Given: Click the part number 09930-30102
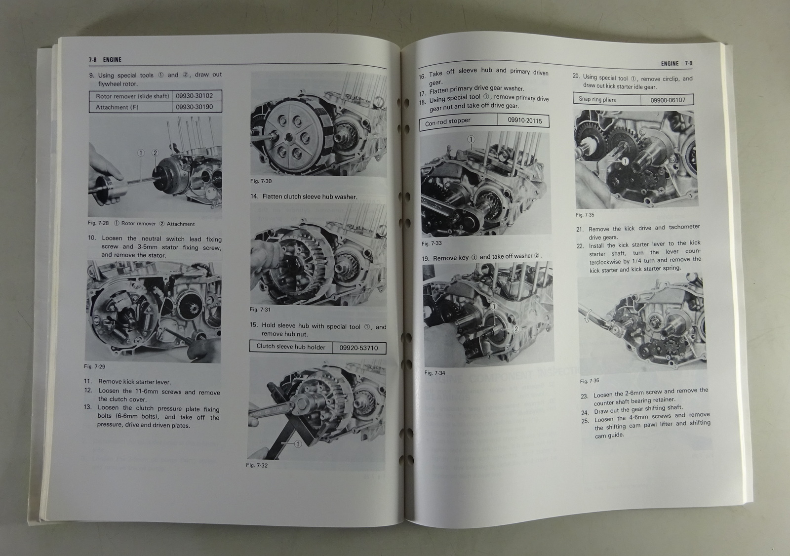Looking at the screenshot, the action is click(x=195, y=96).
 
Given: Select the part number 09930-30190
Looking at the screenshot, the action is click(x=195, y=107).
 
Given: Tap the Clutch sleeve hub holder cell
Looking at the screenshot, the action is click(x=291, y=347).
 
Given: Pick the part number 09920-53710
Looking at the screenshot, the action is click(x=358, y=348).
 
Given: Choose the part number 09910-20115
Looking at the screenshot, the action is click(x=525, y=120).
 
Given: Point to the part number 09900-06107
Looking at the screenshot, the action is click(x=668, y=100).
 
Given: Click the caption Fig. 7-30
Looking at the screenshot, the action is click(x=261, y=181).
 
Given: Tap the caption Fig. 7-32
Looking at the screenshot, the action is click(x=257, y=465).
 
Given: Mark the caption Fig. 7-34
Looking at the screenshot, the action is click(x=435, y=373).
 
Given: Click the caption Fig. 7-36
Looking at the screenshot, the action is click(x=590, y=381).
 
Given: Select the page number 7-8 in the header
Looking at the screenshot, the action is click(x=93, y=60).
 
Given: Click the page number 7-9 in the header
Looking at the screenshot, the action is click(x=688, y=64).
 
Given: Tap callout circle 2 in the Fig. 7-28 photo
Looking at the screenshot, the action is click(x=155, y=153).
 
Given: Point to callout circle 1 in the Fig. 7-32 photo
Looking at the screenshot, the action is click(x=298, y=444).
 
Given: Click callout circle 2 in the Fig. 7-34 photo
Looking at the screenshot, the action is click(x=516, y=329).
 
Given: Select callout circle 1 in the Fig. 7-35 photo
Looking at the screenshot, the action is click(x=625, y=161).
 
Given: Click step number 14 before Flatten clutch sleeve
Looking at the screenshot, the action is click(x=254, y=197).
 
